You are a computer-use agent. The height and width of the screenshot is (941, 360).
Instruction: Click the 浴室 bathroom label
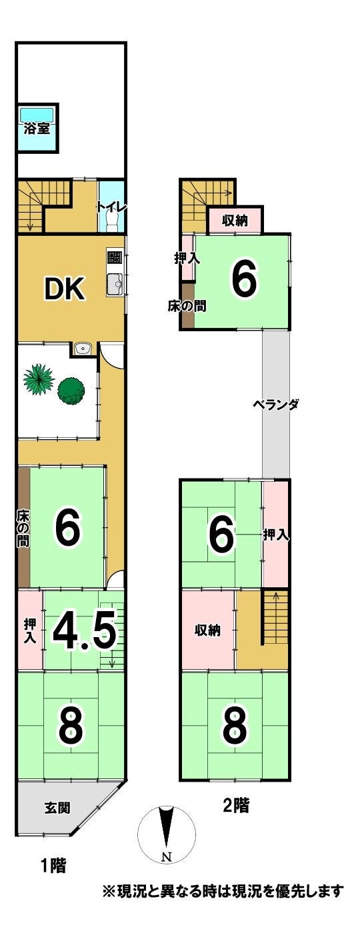point(36,129)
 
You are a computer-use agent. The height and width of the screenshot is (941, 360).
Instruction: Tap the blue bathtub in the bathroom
point(36,113)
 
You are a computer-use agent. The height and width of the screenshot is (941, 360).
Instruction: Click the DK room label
point(64,289)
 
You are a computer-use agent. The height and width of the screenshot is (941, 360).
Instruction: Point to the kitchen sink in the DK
point(114,285)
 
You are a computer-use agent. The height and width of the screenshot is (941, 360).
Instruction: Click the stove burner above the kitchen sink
point(113,257)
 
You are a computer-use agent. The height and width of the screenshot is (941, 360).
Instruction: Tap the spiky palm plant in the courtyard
point(39,379)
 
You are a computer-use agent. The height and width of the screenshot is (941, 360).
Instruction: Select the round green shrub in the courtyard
point(71,391)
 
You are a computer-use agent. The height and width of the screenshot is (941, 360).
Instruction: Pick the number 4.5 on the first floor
point(84,632)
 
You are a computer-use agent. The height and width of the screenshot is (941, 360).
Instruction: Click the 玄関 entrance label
point(57,808)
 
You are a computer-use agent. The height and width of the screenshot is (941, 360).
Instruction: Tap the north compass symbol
point(167,832)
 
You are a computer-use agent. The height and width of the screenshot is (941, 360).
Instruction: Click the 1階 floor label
point(53,866)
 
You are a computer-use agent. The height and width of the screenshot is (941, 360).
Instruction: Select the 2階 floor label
point(235,806)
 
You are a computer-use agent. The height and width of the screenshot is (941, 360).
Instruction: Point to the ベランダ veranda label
point(275,405)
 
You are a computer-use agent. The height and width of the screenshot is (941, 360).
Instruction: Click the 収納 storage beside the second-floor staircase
point(207,630)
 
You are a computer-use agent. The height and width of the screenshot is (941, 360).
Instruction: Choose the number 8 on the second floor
point(234,726)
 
